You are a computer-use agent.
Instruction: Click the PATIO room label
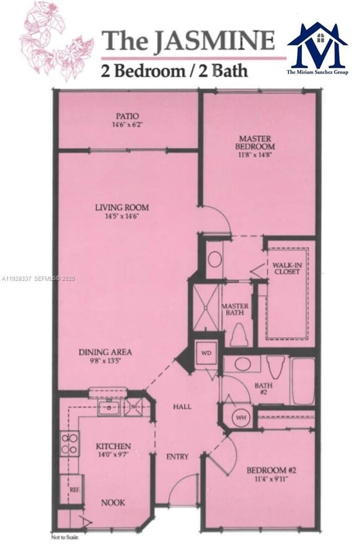click(x=127, y=116)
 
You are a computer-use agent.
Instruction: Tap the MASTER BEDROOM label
click(x=256, y=142)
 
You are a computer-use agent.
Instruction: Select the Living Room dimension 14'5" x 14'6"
click(x=122, y=216)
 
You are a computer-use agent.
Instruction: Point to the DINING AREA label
click(x=105, y=352)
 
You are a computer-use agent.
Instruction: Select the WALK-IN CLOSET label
click(x=286, y=268)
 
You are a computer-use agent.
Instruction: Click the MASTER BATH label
click(x=235, y=310)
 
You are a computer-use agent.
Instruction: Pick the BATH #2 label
click(x=263, y=388)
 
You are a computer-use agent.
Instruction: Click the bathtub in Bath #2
click(x=303, y=381)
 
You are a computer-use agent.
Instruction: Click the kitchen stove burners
click(x=70, y=443)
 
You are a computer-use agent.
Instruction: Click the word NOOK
click(x=113, y=503)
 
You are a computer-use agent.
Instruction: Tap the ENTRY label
click(x=177, y=457)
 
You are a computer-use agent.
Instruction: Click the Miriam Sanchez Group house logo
click(x=317, y=47)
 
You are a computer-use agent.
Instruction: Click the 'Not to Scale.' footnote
click(x=65, y=536)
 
